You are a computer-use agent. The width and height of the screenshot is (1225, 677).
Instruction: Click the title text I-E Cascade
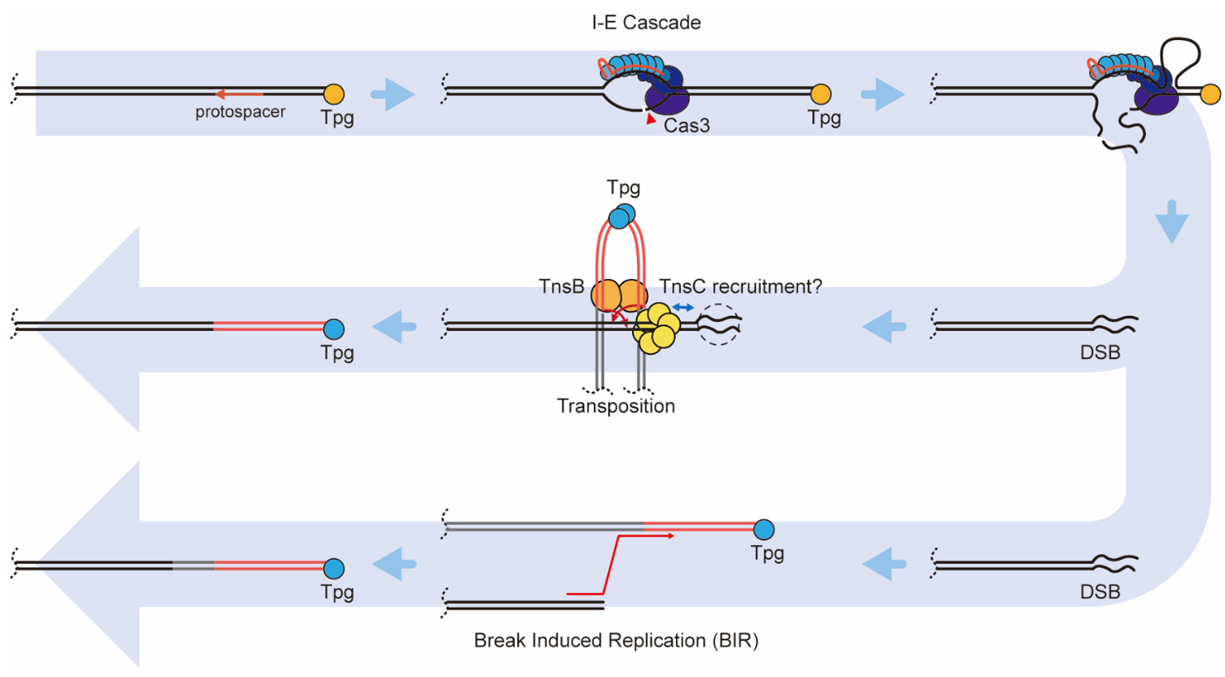tap(646, 22)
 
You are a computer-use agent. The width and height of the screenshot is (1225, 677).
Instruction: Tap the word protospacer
tap(240, 111)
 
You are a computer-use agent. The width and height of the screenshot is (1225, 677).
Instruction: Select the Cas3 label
tap(687, 125)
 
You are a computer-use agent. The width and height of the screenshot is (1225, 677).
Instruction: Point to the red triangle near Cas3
tap(650, 119)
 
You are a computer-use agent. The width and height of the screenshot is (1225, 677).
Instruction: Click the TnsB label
tap(561, 286)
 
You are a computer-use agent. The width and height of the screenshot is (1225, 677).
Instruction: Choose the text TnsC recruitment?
tap(740, 286)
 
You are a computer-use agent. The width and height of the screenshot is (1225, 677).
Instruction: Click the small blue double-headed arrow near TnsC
tap(683, 308)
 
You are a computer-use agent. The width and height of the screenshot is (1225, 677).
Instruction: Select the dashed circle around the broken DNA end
tap(719, 324)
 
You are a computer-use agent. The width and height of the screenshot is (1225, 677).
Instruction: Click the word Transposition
tap(616, 406)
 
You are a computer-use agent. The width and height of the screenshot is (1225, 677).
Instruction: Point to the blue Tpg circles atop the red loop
tap(621, 216)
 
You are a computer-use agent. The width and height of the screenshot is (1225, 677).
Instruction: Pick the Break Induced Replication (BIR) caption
tap(616, 640)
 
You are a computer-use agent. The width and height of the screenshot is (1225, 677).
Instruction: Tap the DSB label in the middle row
tap(1100, 352)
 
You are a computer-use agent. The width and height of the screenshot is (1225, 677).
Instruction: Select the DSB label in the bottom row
tap(1100, 592)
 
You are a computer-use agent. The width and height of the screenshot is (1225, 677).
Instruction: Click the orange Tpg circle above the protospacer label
tap(334, 94)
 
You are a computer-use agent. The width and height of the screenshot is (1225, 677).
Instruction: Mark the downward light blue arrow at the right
tap(1171, 221)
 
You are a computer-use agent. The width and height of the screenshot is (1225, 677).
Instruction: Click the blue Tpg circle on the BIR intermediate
tap(763, 530)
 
